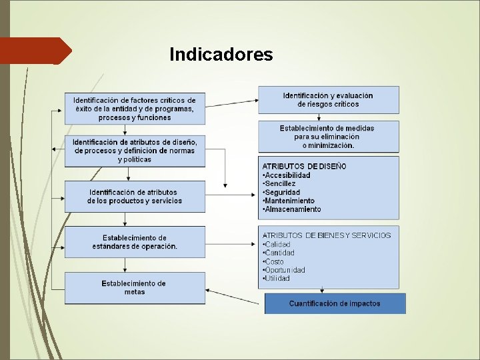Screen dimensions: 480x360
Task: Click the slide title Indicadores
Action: click(x=221, y=54)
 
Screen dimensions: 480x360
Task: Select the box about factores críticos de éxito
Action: click(x=135, y=109)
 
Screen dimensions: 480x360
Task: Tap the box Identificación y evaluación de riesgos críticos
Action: click(x=328, y=99)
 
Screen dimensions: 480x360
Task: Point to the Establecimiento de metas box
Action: click(x=134, y=287)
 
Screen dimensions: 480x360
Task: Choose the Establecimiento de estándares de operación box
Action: click(x=135, y=242)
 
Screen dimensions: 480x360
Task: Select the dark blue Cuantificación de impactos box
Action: click(x=335, y=303)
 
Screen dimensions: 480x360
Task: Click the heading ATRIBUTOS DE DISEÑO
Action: click(x=304, y=166)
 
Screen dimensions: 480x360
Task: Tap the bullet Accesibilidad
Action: click(x=289, y=175)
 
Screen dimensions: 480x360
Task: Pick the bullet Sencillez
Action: click(x=280, y=183)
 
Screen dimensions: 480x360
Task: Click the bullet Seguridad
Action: click(x=282, y=192)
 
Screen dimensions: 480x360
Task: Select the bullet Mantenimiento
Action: click(x=289, y=201)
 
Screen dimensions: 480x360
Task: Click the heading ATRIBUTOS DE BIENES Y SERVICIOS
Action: click(x=327, y=235)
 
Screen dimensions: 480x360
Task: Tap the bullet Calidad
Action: click(x=277, y=244)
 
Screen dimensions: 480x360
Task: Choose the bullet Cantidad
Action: click(x=279, y=253)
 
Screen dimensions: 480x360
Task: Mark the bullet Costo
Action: click(x=274, y=261)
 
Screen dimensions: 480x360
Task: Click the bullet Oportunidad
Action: click(x=285, y=270)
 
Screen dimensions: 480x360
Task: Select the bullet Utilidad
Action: click(x=277, y=279)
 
